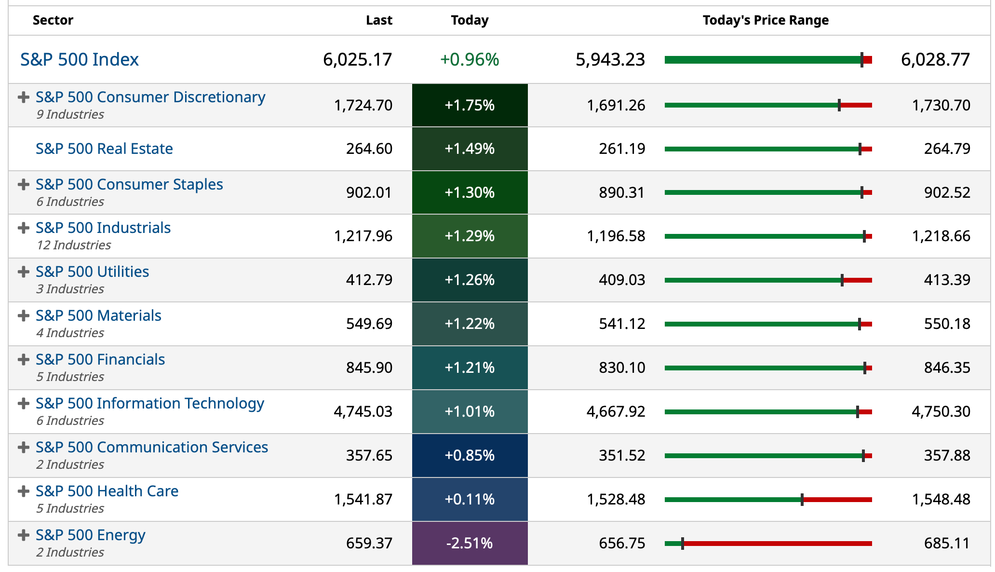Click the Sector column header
tap(53, 20)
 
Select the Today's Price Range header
tap(766, 20)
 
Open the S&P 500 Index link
tap(80, 59)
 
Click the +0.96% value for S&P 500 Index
tap(470, 59)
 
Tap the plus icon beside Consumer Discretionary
tap(23, 97)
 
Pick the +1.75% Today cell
tap(470, 105)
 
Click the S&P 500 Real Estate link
tap(104, 149)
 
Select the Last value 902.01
tap(369, 192)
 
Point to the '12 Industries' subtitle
tap(74, 245)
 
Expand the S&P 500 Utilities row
tap(23, 272)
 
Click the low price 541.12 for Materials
tap(622, 324)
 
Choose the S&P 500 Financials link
tap(100, 359)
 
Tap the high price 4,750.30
tap(941, 411)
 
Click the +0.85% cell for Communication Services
tap(470, 455)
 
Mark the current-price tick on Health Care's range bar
tap(802, 500)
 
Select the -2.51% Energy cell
tap(470, 543)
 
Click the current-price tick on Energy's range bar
tap(683, 544)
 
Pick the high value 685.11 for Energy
tap(947, 543)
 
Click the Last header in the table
tap(379, 20)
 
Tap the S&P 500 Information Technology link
tap(150, 403)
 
